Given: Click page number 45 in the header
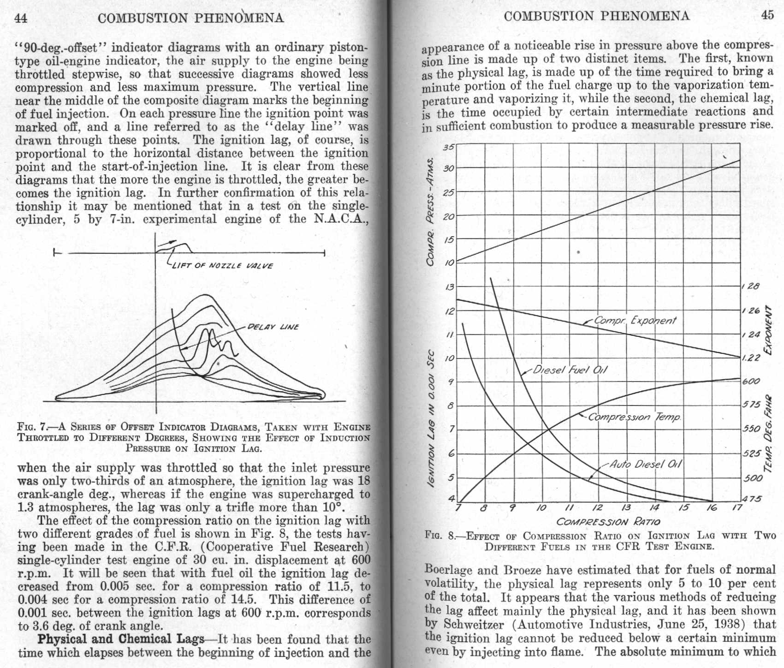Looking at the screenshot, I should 767,15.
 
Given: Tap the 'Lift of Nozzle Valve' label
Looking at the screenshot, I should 223,266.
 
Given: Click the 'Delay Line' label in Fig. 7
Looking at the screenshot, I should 273,327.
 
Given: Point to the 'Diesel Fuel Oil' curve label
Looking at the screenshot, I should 570,370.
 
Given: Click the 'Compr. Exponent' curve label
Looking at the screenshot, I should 635,320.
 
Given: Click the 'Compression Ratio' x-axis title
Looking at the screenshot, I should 608,522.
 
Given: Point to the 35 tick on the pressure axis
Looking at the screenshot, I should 448,148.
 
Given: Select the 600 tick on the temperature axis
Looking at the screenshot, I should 751,382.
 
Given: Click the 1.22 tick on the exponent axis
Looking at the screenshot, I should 750,358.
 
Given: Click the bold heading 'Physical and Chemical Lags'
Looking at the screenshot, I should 121,639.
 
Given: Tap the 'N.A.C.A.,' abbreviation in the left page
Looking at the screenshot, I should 341,219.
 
